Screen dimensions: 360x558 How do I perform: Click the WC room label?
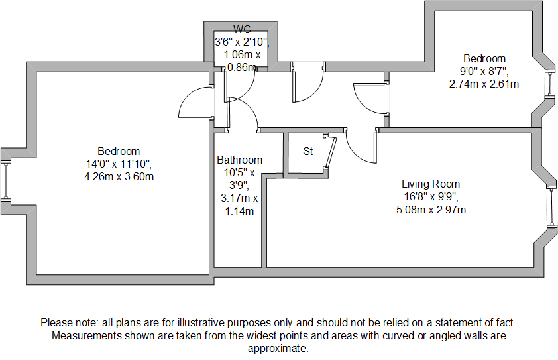click(241, 29)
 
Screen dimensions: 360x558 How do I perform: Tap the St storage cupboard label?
click(308, 151)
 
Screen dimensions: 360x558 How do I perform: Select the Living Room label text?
click(431, 184)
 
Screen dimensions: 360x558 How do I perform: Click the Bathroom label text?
click(239, 160)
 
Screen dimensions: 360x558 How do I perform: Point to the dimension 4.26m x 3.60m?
click(119, 177)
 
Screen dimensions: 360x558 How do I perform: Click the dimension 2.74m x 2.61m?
click(484, 84)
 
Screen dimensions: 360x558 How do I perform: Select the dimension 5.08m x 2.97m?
click(431, 210)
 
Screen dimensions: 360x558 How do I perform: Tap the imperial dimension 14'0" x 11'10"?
click(119, 164)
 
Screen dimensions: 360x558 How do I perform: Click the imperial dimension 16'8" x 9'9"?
click(431, 197)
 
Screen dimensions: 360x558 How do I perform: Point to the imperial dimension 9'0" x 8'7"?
click(484, 71)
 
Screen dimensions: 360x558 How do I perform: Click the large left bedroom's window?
click(6, 180)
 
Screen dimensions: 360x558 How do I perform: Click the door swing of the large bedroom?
click(194, 104)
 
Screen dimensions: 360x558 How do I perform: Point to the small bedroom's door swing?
click(370, 98)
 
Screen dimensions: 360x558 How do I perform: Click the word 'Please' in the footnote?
click(56, 323)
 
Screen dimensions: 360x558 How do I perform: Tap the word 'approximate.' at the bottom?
click(278, 349)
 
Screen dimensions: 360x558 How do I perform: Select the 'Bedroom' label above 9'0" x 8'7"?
click(484, 58)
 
